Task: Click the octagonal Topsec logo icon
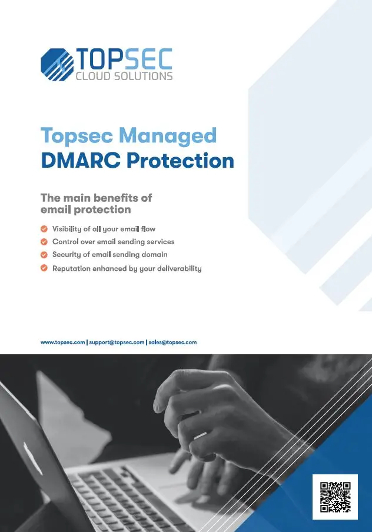point(57,65)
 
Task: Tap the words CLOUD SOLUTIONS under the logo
point(124,76)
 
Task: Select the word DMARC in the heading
point(81,161)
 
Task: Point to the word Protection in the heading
point(180,161)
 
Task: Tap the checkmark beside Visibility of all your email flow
point(44,229)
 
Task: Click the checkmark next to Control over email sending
point(44,241)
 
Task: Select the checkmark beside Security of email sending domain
point(44,254)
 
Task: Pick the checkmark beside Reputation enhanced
point(44,268)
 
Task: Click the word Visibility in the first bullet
point(67,230)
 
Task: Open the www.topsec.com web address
point(63,343)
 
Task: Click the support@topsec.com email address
point(117,343)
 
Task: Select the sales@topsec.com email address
point(173,343)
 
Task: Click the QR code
point(336,497)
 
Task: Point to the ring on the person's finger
point(200,435)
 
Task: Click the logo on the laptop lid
point(33,457)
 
